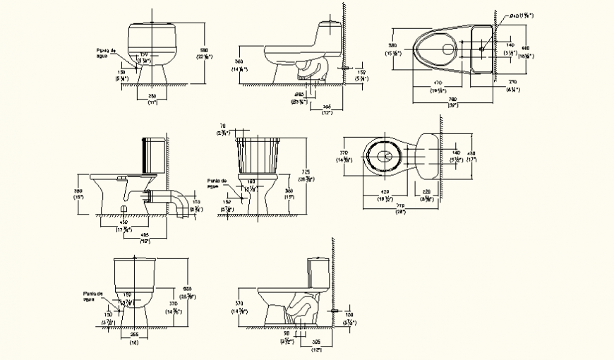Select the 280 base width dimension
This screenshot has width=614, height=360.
click(152, 96)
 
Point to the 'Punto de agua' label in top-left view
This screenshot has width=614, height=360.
click(107, 52)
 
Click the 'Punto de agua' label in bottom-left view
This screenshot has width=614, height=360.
click(92, 296)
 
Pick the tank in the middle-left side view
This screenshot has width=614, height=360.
click(155, 155)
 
